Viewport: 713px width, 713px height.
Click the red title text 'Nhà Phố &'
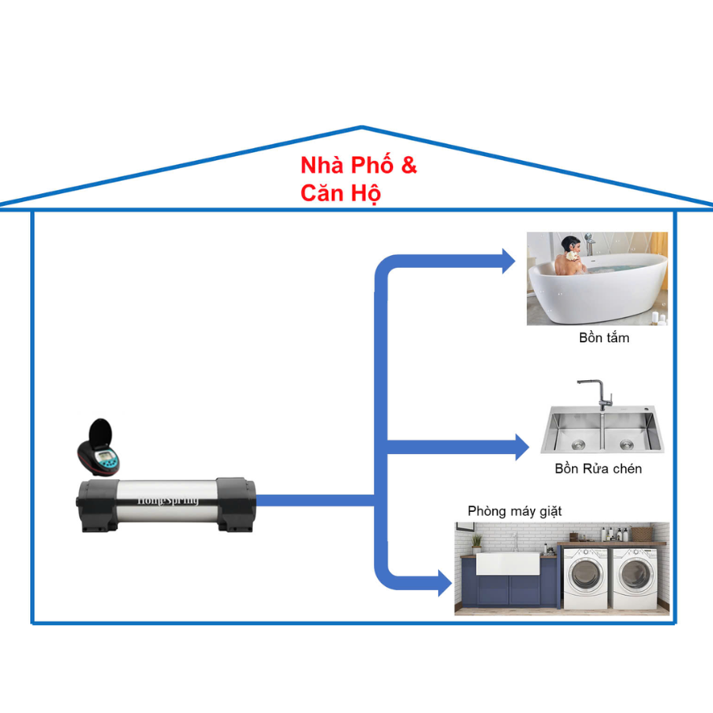pyautogui.click(x=358, y=166)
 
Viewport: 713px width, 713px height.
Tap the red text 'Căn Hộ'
pyautogui.click(x=341, y=193)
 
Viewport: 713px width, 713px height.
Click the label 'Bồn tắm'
pyautogui.click(x=604, y=338)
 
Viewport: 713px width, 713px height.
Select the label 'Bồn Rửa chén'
pyautogui.click(x=598, y=469)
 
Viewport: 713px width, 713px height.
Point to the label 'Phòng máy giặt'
pyautogui.click(x=514, y=511)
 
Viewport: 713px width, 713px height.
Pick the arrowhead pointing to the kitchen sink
pyautogui.click(x=521, y=446)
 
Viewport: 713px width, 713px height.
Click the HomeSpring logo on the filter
pyautogui.click(x=168, y=501)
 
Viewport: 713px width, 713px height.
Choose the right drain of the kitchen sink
pyautogui.click(x=626, y=443)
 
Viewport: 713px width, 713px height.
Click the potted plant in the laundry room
pyautogui.click(x=476, y=543)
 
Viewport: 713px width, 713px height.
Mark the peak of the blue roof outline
pyautogui.click(x=362, y=127)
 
